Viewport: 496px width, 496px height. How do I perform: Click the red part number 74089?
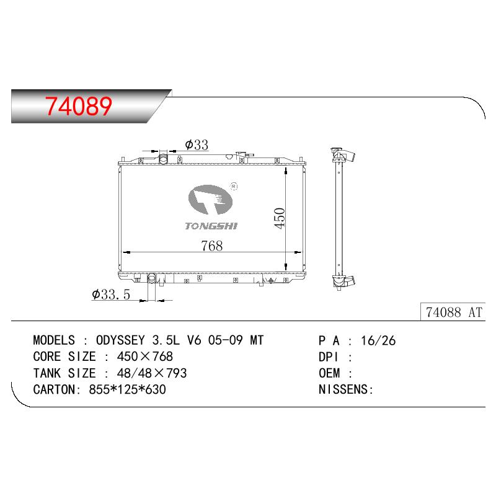tap(79, 106)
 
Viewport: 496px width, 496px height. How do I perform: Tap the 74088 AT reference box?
tap(453, 312)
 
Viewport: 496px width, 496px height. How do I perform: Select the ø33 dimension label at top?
tap(197, 144)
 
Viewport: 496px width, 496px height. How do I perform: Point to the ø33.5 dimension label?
tap(111, 294)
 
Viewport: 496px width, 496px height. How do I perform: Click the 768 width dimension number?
tap(211, 246)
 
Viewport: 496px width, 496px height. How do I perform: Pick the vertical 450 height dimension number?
tap(280, 218)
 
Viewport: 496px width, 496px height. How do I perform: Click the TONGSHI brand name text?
tap(211, 226)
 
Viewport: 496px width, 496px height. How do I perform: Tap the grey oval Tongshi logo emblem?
tap(210, 199)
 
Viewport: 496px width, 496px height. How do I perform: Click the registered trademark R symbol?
tap(234, 187)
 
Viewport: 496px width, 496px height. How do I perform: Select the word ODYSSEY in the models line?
tap(120, 340)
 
